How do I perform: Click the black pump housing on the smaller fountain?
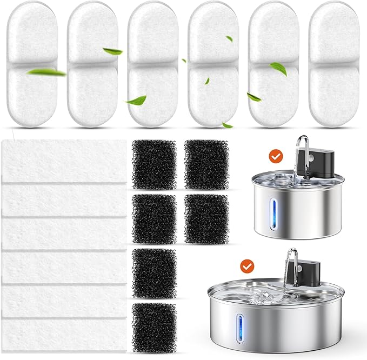tap(317, 159)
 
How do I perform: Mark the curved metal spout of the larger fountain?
tap(291, 258)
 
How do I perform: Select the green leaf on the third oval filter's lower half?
tap(136, 100)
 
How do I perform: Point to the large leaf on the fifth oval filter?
tap(278, 68)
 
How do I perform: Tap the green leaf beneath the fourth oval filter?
tap(227, 125)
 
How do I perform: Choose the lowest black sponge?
tap(154, 326)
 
